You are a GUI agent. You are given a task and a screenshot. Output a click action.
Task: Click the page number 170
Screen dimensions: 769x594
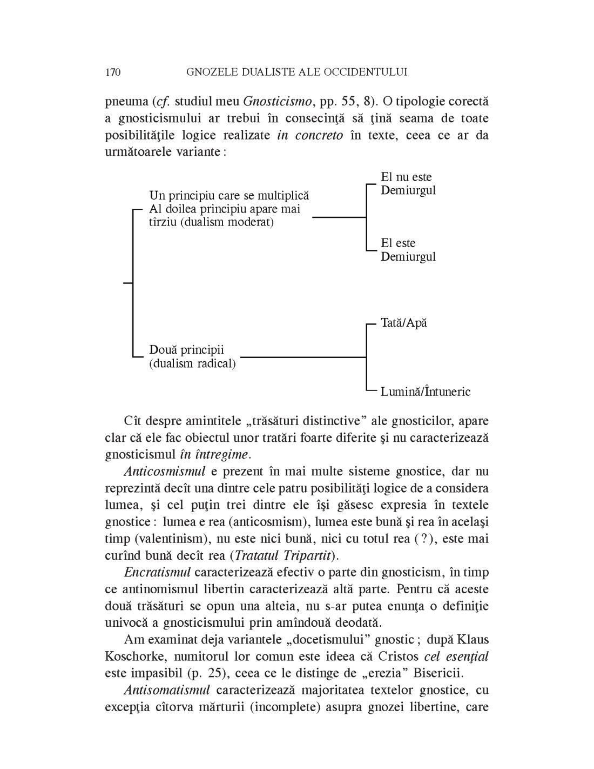click(x=113, y=72)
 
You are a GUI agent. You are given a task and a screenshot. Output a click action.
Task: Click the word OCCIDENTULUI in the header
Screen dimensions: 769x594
click(x=362, y=72)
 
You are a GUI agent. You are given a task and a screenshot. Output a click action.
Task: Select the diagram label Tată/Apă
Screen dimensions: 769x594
click(x=403, y=323)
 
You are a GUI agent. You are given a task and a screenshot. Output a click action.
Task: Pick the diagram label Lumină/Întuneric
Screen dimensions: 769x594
click(x=426, y=392)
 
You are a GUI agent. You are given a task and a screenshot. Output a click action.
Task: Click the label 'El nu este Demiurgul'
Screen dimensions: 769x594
click(x=408, y=184)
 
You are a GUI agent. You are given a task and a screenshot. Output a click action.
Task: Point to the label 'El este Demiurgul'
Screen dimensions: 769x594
click(x=408, y=250)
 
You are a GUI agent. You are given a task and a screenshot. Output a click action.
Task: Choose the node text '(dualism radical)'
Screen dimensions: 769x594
click(x=193, y=363)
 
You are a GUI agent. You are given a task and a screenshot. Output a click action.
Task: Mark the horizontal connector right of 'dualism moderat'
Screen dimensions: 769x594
click(x=339, y=217)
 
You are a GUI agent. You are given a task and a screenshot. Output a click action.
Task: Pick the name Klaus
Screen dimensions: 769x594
click(x=473, y=640)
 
